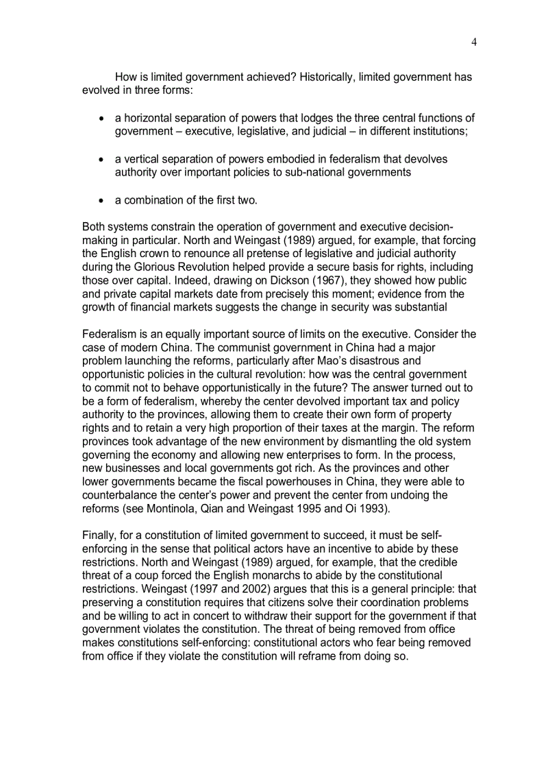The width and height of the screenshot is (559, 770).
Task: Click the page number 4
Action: click(x=474, y=42)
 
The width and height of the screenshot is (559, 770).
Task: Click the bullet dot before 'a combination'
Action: click(x=101, y=201)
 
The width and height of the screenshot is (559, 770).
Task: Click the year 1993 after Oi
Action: click(x=373, y=507)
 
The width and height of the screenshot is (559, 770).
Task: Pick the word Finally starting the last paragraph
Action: click(x=100, y=535)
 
